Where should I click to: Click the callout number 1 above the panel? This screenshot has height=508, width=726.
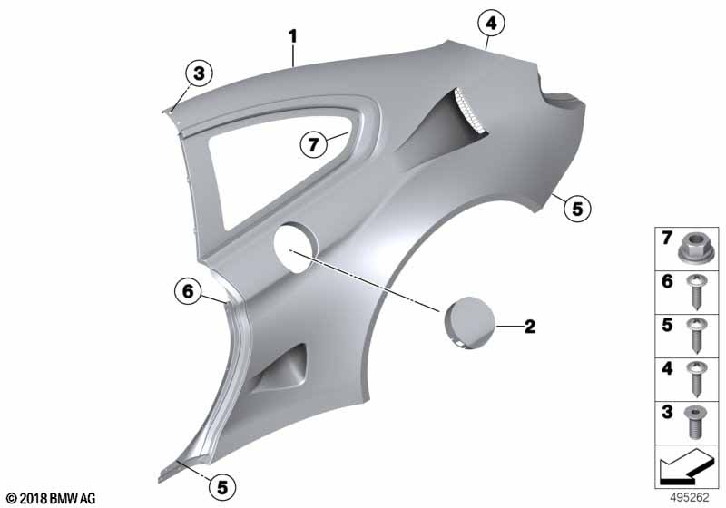292,36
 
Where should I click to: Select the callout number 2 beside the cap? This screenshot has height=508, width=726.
530,327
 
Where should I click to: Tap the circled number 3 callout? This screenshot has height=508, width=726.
199,73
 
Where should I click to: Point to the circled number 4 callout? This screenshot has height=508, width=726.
491,23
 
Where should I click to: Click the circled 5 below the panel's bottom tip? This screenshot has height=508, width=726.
222,487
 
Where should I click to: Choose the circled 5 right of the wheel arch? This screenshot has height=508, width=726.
577,209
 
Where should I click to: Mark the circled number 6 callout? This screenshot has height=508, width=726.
188,291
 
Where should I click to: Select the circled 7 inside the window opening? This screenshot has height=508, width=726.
313,145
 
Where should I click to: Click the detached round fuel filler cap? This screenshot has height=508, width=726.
469,323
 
